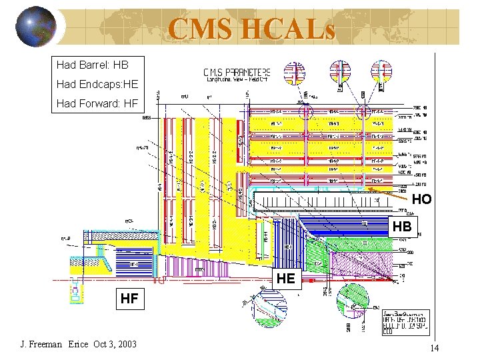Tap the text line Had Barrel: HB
pyautogui.click(x=92, y=65)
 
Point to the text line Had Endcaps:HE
pyautogui.click(x=97, y=85)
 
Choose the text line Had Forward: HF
pyautogui.click(x=97, y=103)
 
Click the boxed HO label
pyautogui.click(x=421, y=199)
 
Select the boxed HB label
pyautogui.click(x=403, y=227)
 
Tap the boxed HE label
pyautogui.click(x=285, y=278)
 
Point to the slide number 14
pyautogui.click(x=434, y=348)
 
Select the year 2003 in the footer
pyautogui.click(x=125, y=344)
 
